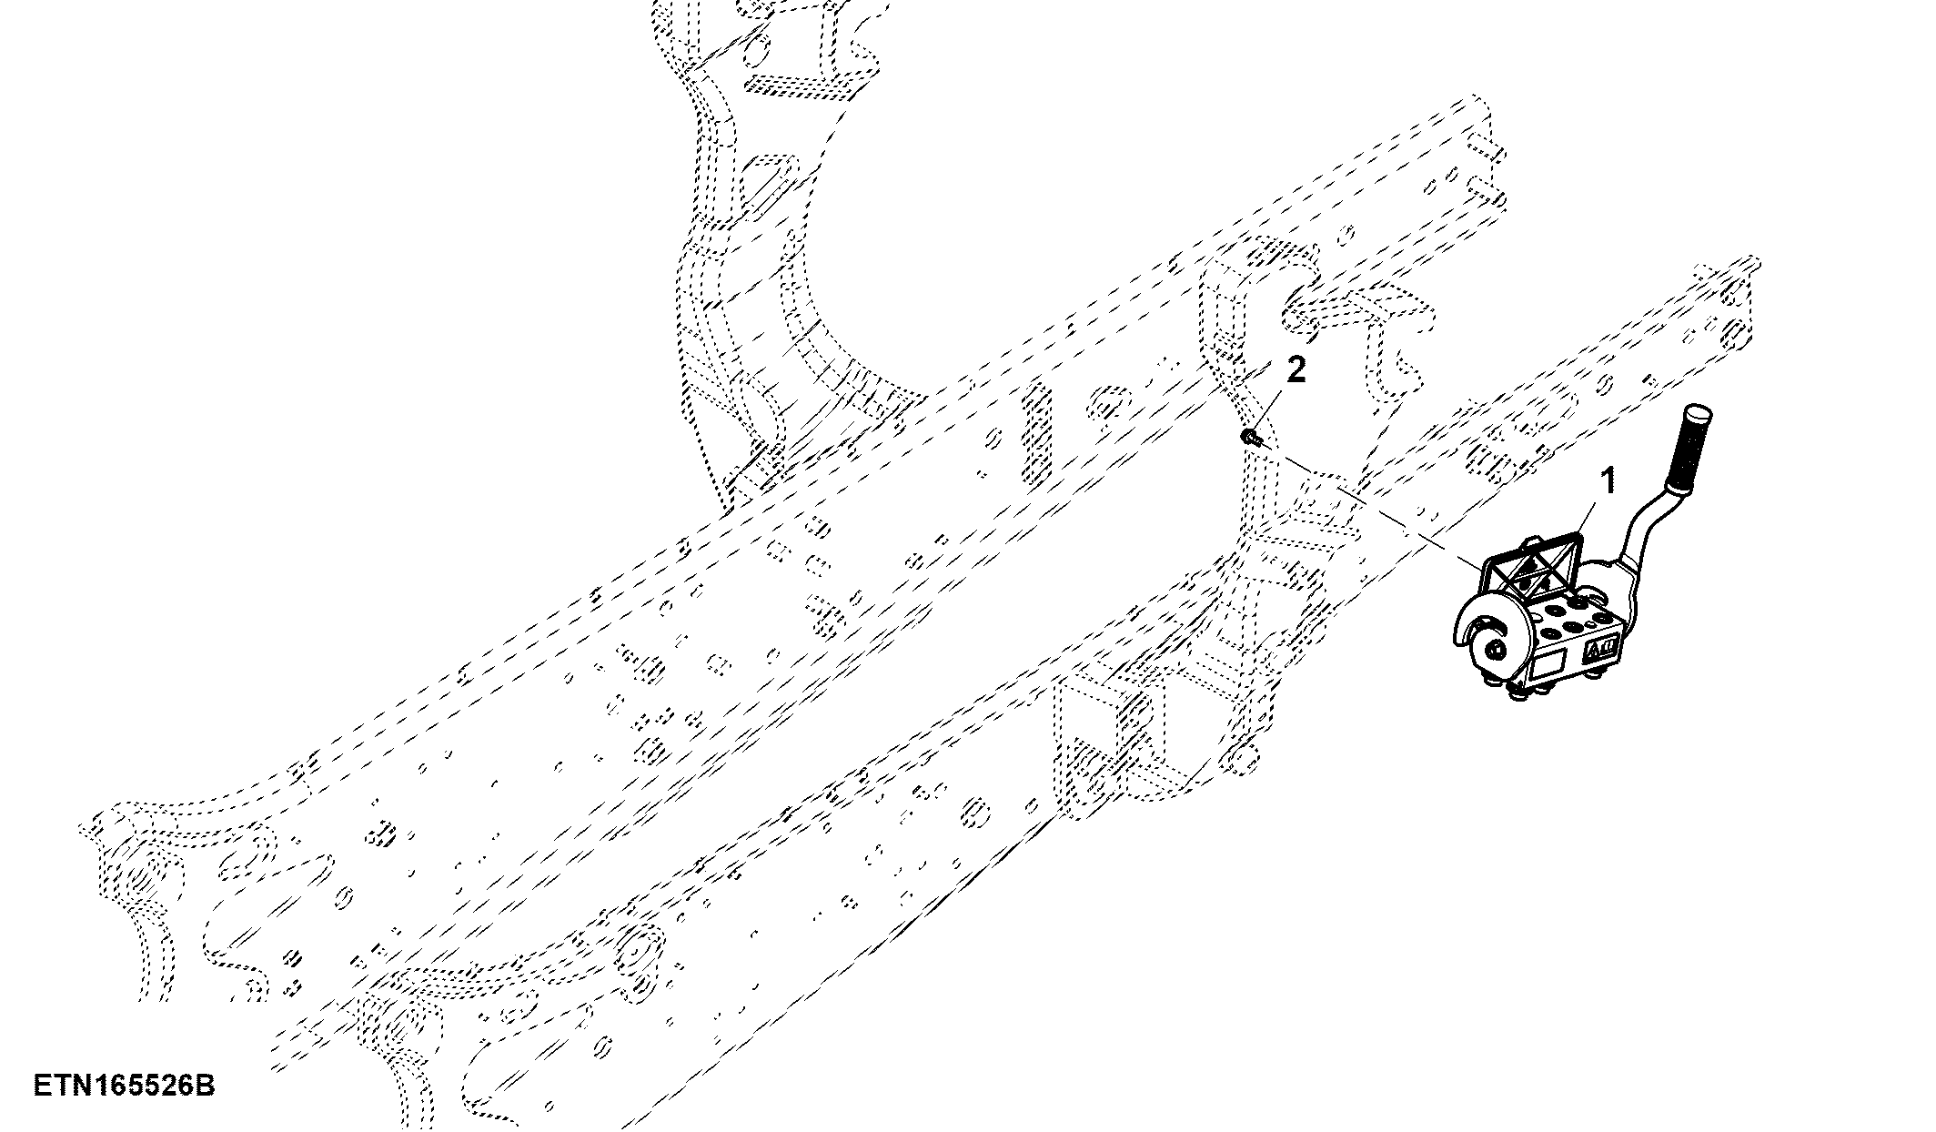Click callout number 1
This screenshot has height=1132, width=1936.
1608,481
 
